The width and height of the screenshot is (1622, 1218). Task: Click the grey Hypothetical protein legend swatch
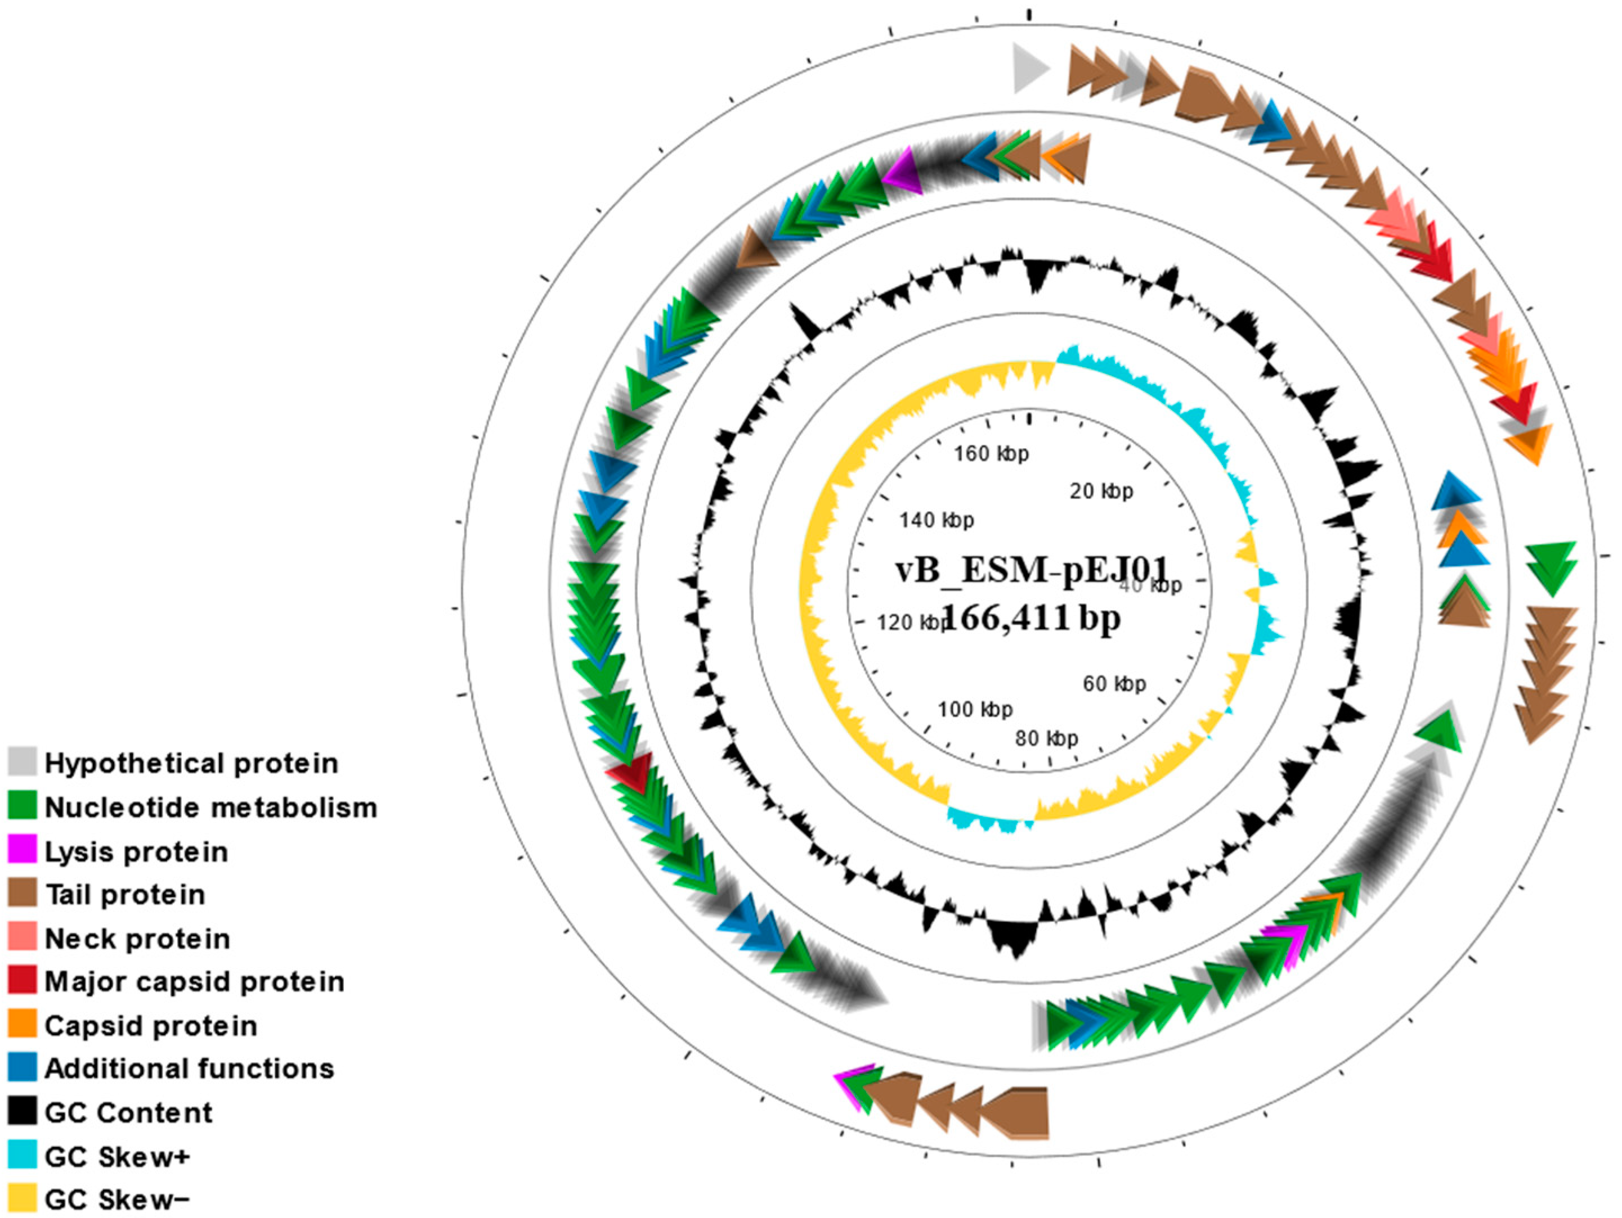point(22,761)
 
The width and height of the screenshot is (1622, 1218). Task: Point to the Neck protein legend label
point(137,938)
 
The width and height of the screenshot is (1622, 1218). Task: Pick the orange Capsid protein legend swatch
point(22,1024)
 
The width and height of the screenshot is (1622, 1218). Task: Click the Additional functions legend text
point(189,1068)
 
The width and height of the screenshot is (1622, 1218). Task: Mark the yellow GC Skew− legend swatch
point(22,1198)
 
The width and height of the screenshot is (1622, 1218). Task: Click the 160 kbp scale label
point(992,454)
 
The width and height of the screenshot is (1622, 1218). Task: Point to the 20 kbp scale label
point(1101,490)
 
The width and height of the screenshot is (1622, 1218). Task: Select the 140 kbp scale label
point(937,520)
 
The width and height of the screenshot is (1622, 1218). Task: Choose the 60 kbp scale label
point(1114,683)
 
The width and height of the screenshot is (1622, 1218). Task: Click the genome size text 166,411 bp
point(1031,618)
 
